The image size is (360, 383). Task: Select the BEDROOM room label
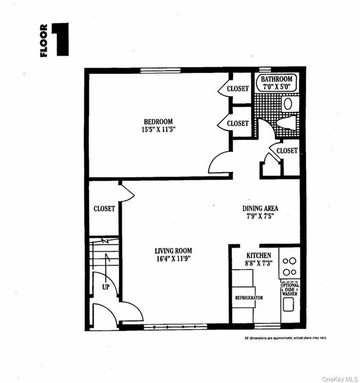coord(158,122)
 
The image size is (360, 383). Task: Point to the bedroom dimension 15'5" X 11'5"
coord(158,130)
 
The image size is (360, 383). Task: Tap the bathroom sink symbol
coord(288,104)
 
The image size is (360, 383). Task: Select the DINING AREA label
coord(260,208)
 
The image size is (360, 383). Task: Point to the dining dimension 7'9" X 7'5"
coord(260,216)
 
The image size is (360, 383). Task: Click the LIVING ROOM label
coord(173,251)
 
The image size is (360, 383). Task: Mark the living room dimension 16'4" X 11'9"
coord(173,259)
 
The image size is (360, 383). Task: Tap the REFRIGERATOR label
coord(249,298)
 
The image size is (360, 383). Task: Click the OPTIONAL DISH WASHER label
coord(290,289)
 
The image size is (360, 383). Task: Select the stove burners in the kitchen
coord(290,266)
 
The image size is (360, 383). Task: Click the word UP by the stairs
coord(105,288)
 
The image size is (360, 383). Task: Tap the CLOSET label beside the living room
coord(104,209)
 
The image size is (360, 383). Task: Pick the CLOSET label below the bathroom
coord(287,151)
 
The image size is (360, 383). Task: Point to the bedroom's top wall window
coord(160,70)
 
